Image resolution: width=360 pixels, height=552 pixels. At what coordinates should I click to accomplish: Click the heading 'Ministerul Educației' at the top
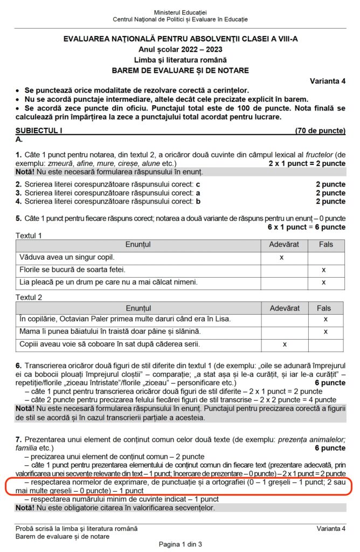(x=180, y=12)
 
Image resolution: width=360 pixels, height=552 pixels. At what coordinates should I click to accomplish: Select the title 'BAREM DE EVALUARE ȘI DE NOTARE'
(x=180, y=70)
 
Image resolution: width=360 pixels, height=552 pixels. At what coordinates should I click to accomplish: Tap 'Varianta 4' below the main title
(x=328, y=81)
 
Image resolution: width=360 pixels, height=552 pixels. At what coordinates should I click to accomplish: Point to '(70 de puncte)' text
(x=320, y=130)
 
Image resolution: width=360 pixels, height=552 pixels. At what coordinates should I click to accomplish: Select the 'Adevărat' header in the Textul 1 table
(x=283, y=245)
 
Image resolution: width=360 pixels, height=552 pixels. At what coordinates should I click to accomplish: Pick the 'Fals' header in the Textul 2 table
(x=324, y=308)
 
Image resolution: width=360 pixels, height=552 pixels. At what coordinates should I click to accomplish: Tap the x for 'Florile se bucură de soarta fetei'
(x=323, y=270)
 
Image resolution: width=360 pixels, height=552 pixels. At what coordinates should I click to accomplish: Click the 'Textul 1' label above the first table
(x=29, y=236)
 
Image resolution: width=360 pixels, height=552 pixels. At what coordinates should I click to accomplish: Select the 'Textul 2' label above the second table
(x=29, y=298)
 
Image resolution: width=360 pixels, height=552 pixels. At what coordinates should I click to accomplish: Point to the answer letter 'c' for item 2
(x=198, y=184)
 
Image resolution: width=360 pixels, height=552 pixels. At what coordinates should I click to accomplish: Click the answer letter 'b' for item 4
(x=198, y=202)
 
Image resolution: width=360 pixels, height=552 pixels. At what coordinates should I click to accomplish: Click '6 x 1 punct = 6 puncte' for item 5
(x=307, y=227)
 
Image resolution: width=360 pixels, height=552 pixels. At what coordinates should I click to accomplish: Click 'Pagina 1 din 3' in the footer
(x=180, y=544)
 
